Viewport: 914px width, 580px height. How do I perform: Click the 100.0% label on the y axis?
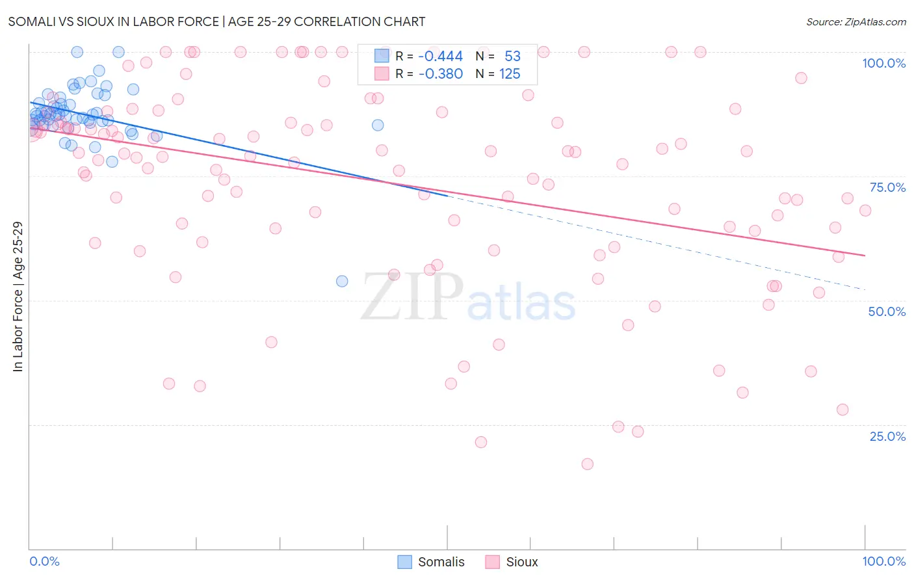click(883, 63)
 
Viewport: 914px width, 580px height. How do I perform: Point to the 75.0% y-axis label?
click(887, 187)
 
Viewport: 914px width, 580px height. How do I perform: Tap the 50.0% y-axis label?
click(887, 311)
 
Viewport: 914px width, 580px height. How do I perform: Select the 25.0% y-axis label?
click(887, 436)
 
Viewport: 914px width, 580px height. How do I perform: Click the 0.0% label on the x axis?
click(44, 561)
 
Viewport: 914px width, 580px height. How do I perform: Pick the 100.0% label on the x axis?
click(883, 561)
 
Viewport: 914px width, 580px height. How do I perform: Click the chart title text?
click(216, 21)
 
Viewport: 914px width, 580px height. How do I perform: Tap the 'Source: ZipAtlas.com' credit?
click(855, 21)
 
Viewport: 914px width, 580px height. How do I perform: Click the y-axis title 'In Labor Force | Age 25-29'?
click(18, 297)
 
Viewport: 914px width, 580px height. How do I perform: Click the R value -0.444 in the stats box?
click(440, 57)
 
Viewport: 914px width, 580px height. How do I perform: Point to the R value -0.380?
click(440, 74)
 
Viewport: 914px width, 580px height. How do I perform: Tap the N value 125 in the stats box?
click(510, 74)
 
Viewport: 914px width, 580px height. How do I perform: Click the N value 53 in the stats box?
click(512, 57)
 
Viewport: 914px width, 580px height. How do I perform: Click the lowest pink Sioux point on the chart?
click(588, 464)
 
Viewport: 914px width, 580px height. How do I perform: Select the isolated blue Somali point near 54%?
click(342, 281)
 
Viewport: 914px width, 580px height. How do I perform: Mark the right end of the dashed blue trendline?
click(865, 289)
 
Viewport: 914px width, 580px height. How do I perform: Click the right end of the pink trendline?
click(865, 256)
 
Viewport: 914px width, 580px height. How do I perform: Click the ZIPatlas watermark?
click(468, 298)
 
